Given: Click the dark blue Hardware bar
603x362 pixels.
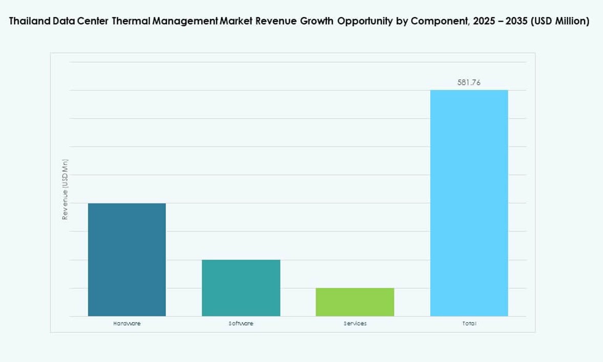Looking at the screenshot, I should (127, 259).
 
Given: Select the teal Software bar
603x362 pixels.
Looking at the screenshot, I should (241, 288).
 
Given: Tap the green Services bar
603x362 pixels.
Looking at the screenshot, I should (355, 302).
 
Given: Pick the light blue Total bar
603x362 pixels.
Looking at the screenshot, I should (469, 203).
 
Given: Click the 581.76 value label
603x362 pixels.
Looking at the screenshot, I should (469, 82).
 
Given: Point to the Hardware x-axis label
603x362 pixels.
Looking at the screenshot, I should (127, 324).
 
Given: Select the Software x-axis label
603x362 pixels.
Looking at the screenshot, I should (241, 324).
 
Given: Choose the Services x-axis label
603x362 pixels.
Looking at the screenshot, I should (355, 324).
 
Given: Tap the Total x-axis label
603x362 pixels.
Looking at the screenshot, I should (469, 324).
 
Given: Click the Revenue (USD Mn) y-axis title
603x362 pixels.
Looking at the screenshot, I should (65, 189).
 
